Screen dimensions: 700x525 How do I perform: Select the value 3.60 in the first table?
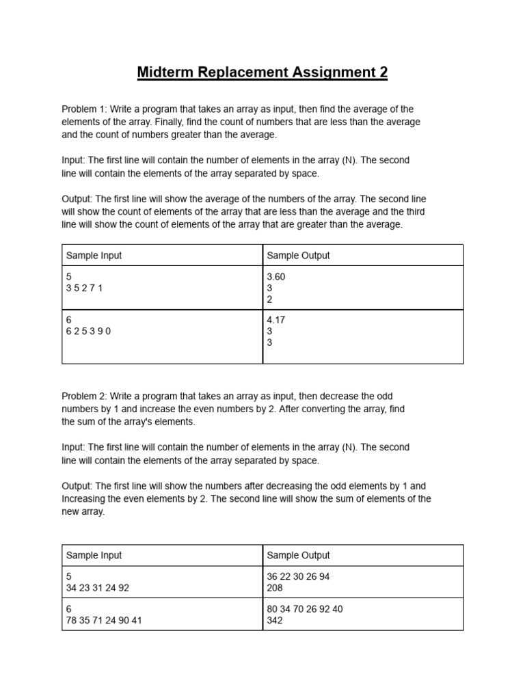[x=277, y=278]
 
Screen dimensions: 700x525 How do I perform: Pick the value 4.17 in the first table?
[x=277, y=319]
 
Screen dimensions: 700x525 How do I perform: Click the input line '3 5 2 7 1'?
[x=84, y=288]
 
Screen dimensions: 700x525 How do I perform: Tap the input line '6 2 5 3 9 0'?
[x=88, y=331]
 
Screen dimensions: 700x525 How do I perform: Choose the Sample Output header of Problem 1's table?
[x=298, y=256]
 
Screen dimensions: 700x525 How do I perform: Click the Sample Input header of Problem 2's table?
[x=94, y=555]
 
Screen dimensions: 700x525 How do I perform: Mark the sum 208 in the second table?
[x=275, y=588]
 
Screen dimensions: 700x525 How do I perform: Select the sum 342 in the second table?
[x=275, y=621]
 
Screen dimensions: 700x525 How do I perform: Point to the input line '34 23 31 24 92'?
[x=97, y=588]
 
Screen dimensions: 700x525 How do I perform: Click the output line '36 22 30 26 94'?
[x=298, y=576]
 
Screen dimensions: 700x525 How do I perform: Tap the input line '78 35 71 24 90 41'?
[x=104, y=621]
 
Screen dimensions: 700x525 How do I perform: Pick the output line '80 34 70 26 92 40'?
[x=305, y=609]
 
